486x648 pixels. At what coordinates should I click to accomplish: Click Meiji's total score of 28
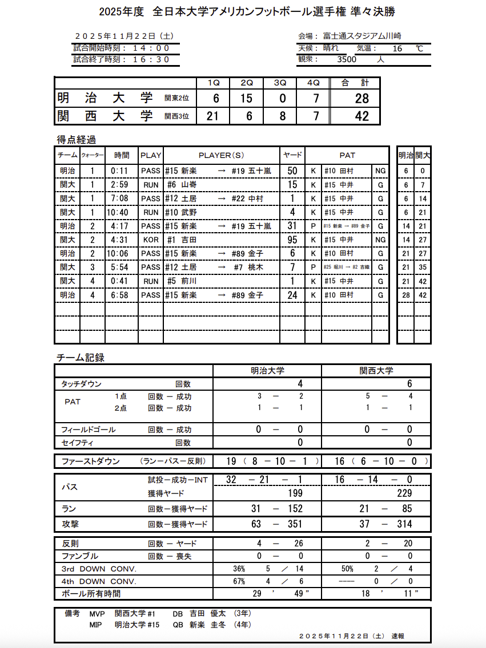coord(362,99)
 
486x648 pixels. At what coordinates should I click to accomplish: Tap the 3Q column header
coord(280,83)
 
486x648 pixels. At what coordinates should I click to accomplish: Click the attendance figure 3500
coord(347,59)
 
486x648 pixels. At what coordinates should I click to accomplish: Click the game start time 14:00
coord(151,48)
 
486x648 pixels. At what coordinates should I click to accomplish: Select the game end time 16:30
coord(151,59)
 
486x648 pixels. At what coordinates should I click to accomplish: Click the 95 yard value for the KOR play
coord(292,240)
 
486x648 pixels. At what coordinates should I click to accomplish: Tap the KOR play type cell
coord(151,240)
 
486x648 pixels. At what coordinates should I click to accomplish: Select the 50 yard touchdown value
coord(292,171)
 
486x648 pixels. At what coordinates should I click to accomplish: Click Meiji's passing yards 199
coord(295,493)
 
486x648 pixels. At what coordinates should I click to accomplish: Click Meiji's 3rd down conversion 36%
coord(239,569)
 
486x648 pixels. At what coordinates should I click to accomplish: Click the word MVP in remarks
coord(98,614)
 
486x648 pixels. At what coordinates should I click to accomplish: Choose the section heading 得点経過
coord(76,140)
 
